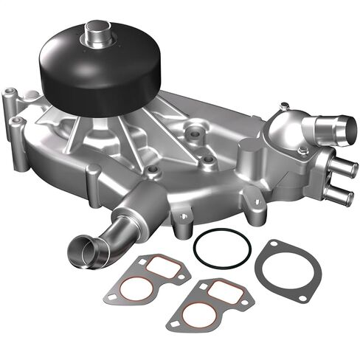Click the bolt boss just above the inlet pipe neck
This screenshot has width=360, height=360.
pos(153,173)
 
